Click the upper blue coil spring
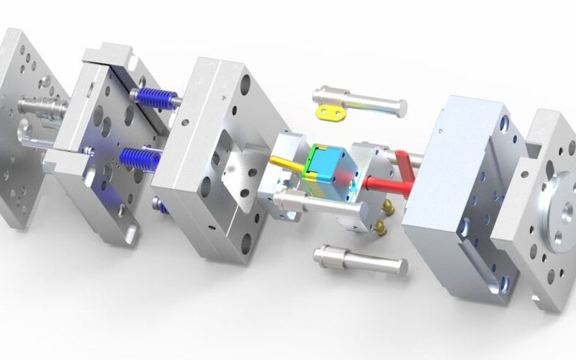[155, 99]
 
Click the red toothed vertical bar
[407, 164]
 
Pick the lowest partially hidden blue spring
[165, 210]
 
